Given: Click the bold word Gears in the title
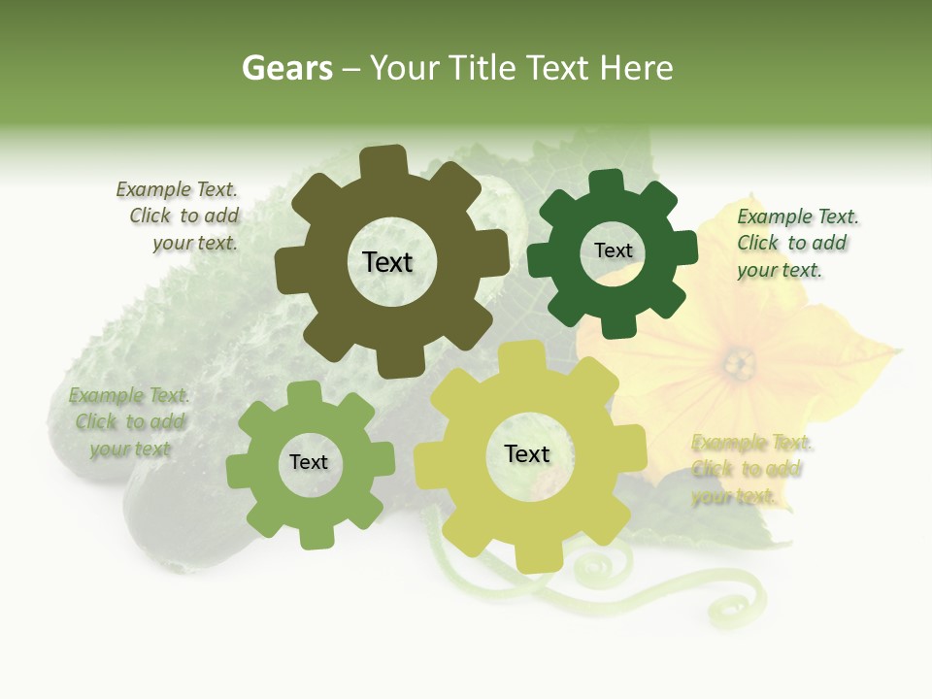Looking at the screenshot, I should [x=287, y=68].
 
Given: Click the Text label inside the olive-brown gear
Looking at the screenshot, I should [x=387, y=262].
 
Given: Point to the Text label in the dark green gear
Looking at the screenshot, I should [x=613, y=250].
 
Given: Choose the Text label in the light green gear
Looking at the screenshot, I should [x=309, y=462].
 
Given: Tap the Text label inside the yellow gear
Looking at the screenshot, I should [x=527, y=453].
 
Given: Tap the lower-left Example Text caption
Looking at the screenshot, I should [x=128, y=422].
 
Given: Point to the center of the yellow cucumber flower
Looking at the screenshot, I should [x=739, y=364].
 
